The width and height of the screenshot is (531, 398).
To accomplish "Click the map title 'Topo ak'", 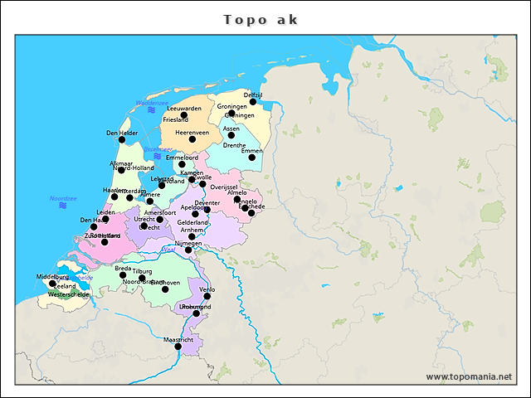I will [x=261, y=19].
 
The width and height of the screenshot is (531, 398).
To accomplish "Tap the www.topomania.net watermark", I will [x=469, y=376].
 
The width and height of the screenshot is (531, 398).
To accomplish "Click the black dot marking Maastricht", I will [x=178, y=347].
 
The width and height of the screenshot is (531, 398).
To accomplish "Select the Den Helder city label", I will [x=122, y=133].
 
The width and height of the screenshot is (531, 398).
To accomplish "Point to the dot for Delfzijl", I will [x=253, y=102].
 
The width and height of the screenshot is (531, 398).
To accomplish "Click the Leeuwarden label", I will [x=183, y=108].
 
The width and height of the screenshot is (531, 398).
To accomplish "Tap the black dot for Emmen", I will [x=252, y=157].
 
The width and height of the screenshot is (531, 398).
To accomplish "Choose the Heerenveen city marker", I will [x=192, y=138].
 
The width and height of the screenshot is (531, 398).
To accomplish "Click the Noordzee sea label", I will [x=63, y=198].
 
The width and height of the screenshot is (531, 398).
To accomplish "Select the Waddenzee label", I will [x=152, y=103].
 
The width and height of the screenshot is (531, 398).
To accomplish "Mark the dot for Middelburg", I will [x=52, y=284].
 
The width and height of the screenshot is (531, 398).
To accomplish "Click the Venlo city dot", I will [x=207, y=296].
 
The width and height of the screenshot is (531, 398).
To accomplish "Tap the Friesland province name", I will [x=175, y=120].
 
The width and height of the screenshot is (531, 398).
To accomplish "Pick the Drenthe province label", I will [x=235, y=145].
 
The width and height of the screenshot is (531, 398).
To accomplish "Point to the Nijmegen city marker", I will [x=188, y=250].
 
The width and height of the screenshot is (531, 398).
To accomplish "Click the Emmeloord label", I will [x=182, y=157].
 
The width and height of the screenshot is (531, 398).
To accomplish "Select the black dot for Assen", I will [x=231, y=134].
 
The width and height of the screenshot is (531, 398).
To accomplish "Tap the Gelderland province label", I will [x=192, y=222].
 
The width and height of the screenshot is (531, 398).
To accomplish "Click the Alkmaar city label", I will [x=120, y=163].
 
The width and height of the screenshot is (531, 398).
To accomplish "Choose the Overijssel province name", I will [x=224, y=187].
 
